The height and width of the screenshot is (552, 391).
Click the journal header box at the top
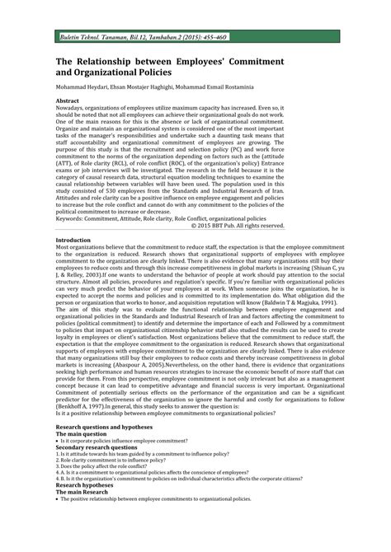point(195,39)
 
